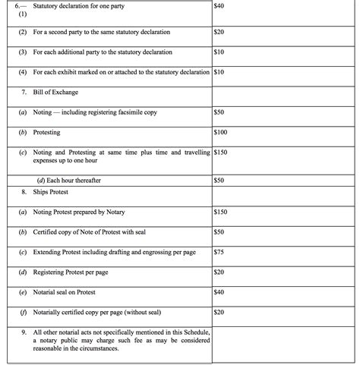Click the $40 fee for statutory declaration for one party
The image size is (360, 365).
220,6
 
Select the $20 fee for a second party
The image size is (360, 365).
220,33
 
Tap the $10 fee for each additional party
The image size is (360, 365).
220,52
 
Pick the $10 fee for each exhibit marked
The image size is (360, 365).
220,73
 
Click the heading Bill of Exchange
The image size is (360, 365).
55,93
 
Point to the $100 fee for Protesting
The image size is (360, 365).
222,132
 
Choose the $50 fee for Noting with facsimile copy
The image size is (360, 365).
220,112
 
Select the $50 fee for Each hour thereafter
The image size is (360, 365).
220,180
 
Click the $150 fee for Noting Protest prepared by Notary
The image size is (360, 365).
223,211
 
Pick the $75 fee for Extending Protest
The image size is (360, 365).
220,251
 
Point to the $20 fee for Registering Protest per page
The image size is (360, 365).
220,272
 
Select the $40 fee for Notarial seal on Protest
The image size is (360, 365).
220,291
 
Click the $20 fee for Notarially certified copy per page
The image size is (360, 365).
220,311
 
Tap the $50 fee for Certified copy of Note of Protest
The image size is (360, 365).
220,231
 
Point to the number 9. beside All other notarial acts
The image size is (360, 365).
25,332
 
